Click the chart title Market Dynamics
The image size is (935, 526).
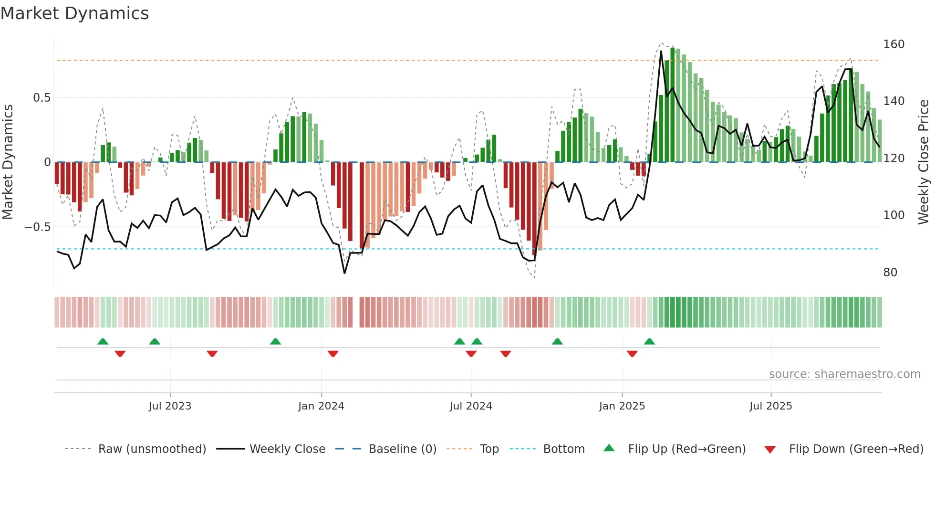click(x=74, y=13)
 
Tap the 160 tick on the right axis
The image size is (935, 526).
click(x=893, y=44)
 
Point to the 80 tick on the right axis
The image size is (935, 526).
click(x=890, y=273)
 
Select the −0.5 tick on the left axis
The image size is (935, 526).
click(x=37, y=227)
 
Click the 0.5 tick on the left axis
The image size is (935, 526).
click(x=42, y=98)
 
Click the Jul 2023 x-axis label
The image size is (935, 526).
click(x=170, y=406)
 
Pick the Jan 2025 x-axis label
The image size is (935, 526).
click(x=622, y=406)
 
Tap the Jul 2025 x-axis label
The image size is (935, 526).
click(x=770, y=406)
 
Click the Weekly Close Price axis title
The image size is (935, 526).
click(x=924, y=162)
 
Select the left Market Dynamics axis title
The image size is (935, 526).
click(x=8, y=162)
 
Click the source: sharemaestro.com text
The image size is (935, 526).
click(x=844, y=374)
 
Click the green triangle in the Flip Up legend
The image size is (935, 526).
click(x=609, y=448)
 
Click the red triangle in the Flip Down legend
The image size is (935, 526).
click(x=770, y=450)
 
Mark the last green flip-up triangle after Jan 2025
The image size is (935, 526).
click(x=649, y=341)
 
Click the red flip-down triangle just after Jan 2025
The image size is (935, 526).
click(x=632, y=354)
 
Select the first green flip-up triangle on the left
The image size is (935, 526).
click(x=103, y=341)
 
